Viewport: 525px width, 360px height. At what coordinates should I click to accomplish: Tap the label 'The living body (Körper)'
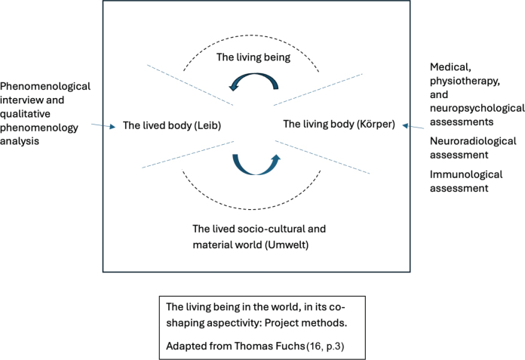tap(339, 124)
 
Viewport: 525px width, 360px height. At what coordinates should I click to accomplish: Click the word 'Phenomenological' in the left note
tap(45, 86)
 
